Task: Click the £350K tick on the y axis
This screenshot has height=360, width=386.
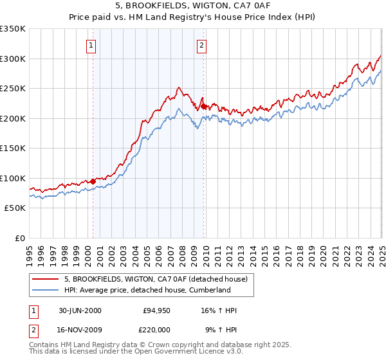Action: [13, 29]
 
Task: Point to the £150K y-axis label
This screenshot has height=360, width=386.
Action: [13, 148]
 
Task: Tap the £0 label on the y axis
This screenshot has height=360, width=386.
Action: [19, 238]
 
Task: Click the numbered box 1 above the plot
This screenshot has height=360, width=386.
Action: [91, 45]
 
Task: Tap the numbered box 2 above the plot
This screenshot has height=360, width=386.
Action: [202, 45]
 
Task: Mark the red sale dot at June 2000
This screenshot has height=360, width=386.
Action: [93, 181]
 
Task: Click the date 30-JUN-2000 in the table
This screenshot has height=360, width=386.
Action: [80, 311]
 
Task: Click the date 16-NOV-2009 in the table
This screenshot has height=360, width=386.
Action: [80, 330]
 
